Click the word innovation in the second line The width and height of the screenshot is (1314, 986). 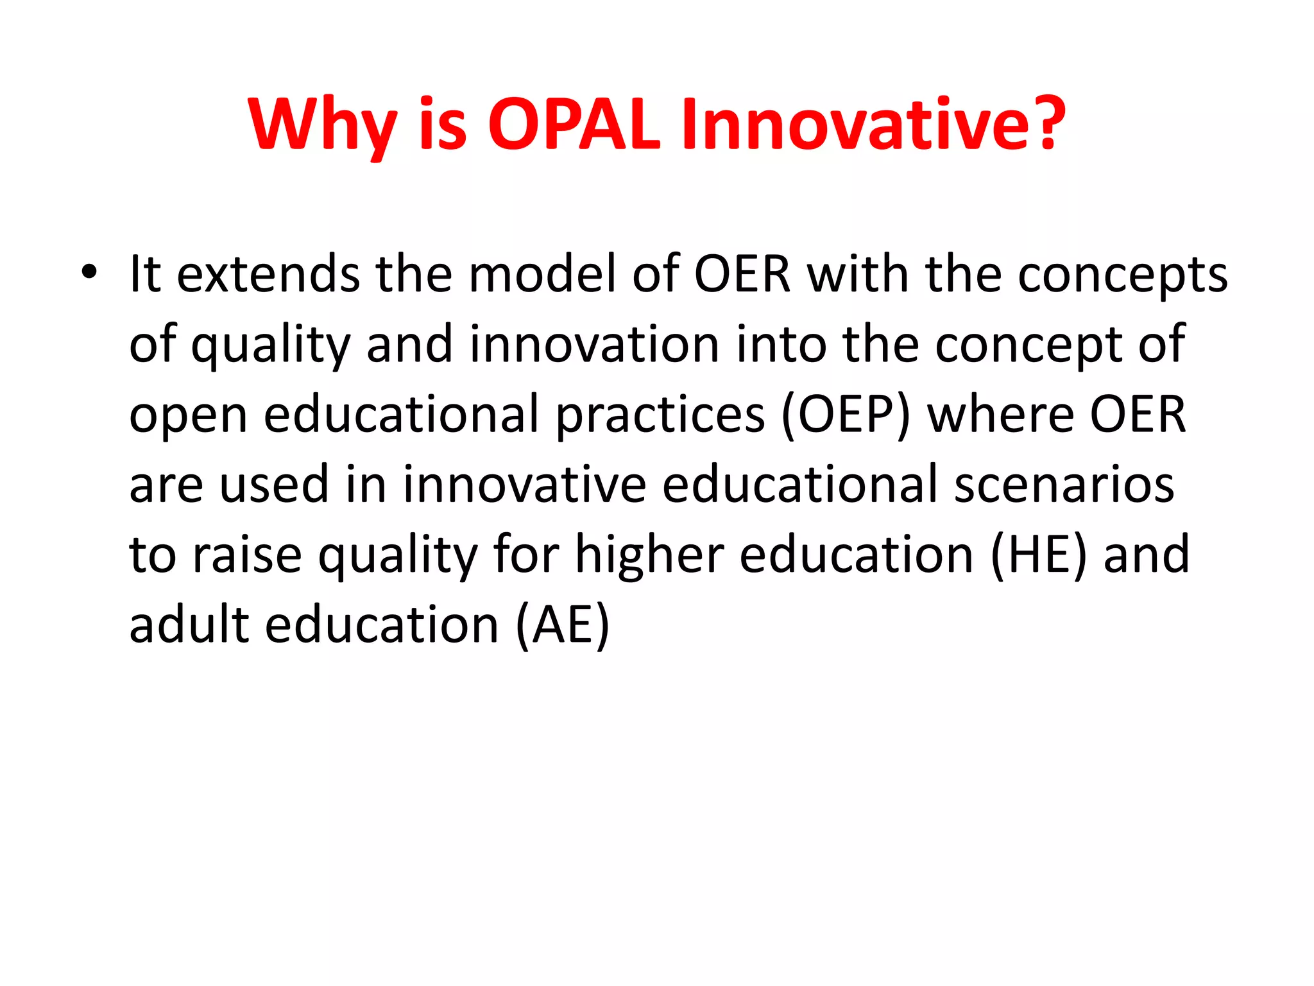coord(594,344)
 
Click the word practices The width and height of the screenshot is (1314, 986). coord(660,415)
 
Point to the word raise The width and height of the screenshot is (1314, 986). coord(247,555)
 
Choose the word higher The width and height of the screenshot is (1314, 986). coord(649,556)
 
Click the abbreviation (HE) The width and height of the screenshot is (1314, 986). coord(1039,555)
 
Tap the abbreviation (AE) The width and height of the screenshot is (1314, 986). coord(562,626)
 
